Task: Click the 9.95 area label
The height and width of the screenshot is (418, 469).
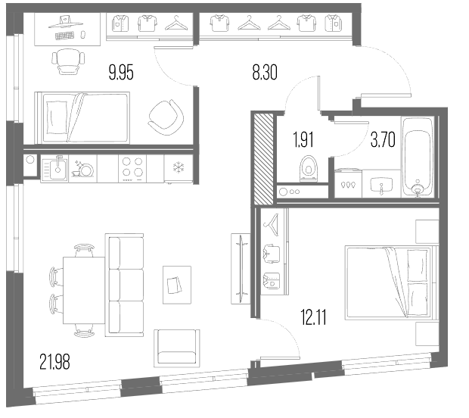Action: click(x=121, y=73)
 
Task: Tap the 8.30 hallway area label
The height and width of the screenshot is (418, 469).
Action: click(x=265, y=73)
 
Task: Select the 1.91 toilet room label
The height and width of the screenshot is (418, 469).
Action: click(x=304, y=140)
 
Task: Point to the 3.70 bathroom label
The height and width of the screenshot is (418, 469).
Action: click(x=383, y=140)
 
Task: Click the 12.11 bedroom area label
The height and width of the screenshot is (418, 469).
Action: click(x=313, y=317)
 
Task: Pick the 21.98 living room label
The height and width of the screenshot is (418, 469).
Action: click(x=54, y=362)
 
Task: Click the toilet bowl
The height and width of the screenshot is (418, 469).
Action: click(x=309, y=168)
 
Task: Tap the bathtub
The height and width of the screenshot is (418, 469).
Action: click(x=418, y=157)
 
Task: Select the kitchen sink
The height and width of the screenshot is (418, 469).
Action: click(x=54, y=169)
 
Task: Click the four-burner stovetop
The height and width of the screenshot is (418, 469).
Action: click(x=132, y=168)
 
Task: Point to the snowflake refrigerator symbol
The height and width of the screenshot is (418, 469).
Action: click(x=179, y=167)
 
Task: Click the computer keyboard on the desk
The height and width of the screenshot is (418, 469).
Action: click(x=64, y=36)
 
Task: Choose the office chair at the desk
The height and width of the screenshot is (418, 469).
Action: click(x=68, y=61)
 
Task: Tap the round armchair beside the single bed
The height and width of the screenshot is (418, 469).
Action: click(x=166, y=117)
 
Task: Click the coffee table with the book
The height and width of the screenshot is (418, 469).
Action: click(x=177, y=285)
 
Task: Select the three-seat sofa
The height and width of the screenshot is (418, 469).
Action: click(x=124, y=285)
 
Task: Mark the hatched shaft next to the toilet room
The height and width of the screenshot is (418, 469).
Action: click(x=263, y=158)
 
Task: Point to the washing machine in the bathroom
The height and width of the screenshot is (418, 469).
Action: click(x=348, y=183)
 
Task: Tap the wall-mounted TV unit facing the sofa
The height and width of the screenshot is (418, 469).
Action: click(x=241, y=269)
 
